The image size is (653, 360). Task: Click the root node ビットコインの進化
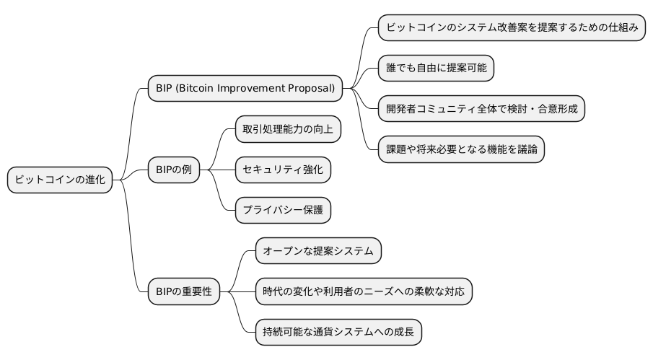pos(61,180)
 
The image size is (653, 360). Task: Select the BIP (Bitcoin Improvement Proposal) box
pos(245,89)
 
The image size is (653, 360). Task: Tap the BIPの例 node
pos(172,170)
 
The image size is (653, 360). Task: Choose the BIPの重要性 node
pos(183,291)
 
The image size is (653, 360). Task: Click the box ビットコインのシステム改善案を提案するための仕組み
pos(512,28)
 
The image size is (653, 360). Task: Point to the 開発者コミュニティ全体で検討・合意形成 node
pos(481,109)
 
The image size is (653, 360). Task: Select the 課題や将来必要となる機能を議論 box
pos(461,149)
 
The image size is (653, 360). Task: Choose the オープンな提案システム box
pos(318,251)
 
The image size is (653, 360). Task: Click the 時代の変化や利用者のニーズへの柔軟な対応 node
pos(364,291)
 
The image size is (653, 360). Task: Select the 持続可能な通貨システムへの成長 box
pos(338,332)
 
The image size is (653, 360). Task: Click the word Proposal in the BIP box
pos(309,89)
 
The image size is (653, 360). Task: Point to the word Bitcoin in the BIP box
pos(196,89)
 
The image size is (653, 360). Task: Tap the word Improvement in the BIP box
pos(250,89)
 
